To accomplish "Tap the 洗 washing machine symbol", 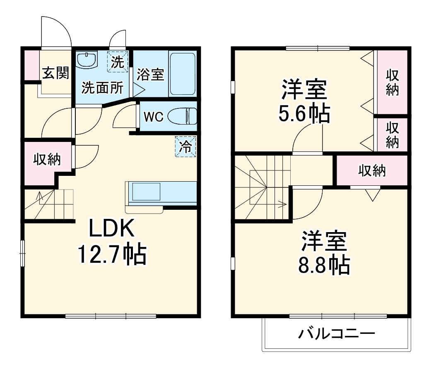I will coord(117,62).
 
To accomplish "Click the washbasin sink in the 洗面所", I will coord(87,60).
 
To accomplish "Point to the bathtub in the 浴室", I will coord(182,74).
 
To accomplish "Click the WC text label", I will coord(154,117).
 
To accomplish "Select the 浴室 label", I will coord(151,74).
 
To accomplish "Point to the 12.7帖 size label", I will coord(112,254).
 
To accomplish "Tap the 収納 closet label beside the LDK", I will coord(47,159).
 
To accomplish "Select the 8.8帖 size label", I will coord(323,265).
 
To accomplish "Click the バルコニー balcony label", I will coord(337,333).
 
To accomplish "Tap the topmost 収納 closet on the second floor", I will coord(392,82).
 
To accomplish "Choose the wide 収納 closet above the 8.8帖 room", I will coord(372,170).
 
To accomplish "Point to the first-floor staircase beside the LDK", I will coord(48,204).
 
